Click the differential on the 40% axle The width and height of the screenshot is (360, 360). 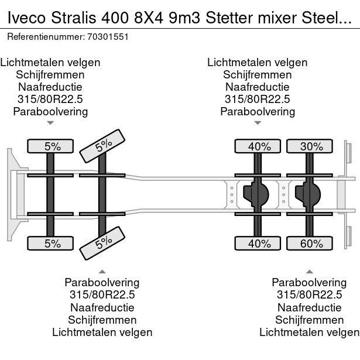click(258, 194)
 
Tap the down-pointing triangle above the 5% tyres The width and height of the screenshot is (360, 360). click(51, 123)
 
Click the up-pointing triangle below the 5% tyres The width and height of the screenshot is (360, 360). click(102, 271)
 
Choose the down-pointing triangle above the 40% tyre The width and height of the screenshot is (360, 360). click(258, 123)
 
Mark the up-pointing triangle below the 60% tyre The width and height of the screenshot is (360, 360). click(310, 271)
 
